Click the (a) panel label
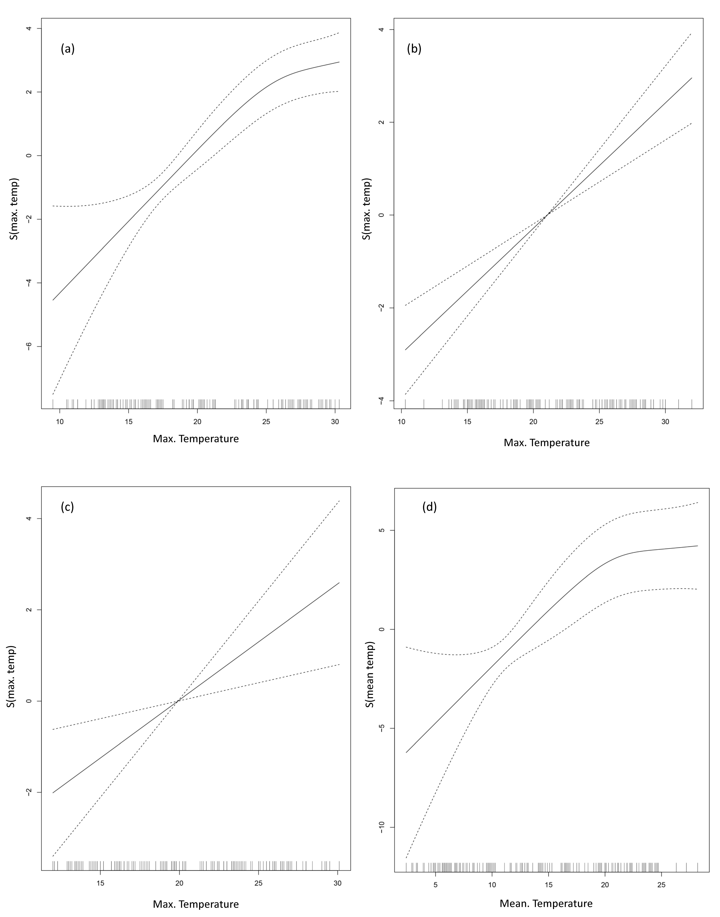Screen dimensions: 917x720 (67, 49)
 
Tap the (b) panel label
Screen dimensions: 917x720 (414, 49)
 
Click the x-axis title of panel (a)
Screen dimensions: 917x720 (196, 439)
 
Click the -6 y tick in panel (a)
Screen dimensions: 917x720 (29, 346)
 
